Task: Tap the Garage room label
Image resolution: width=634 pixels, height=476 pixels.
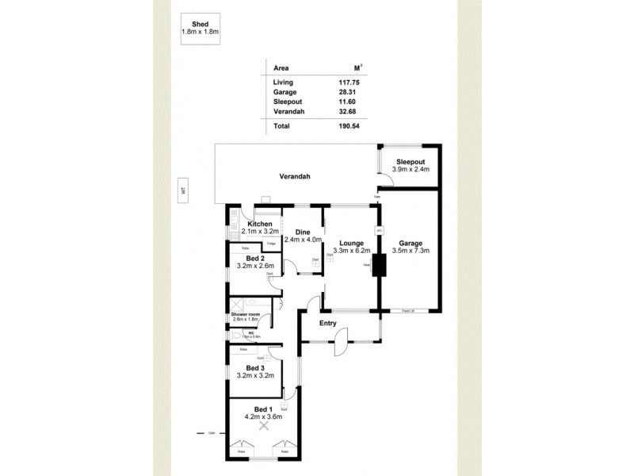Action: (x=411, y=243)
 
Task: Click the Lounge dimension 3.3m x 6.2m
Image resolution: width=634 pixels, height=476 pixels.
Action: (x=351, y=251)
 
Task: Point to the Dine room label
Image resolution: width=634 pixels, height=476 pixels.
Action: (x=302, y=232)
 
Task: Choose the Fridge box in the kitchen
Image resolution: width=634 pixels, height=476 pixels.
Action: (x=271, y=243)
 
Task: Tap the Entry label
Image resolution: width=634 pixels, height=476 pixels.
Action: (x=327, y=323)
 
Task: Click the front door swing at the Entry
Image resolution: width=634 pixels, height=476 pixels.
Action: (x=338, y=344)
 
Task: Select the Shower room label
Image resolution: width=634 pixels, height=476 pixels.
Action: (x=246, y=314)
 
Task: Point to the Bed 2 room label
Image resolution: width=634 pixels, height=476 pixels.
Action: (x=254, y=258)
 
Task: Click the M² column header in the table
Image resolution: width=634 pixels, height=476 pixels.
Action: (x=357, y=68)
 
